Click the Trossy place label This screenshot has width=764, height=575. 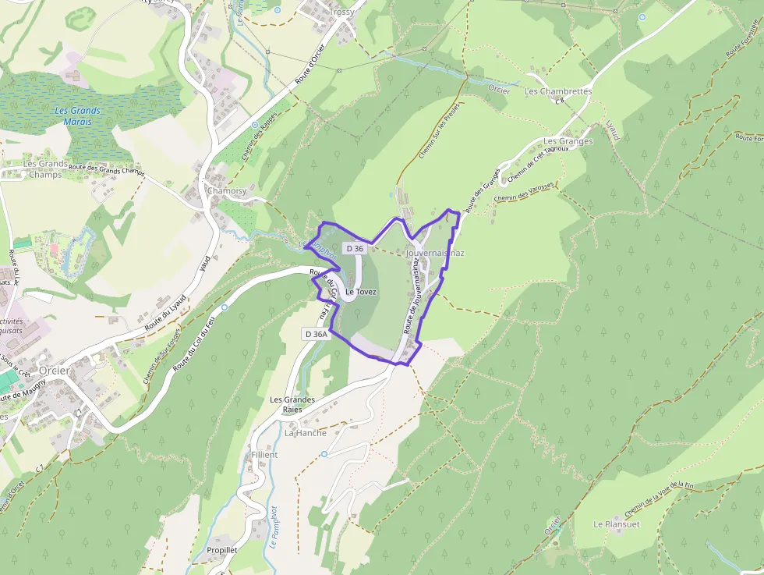pyautogui.click(x=341, y=12)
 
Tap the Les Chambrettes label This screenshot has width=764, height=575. pyautogui.click(x=558, y=91)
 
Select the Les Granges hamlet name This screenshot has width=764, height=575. pyautogui.click(x=568, y=141)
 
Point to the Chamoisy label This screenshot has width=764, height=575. pyautogui.click(x=226, y=190)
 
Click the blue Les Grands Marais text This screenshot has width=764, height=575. pyautogui.click(x=78, y=116)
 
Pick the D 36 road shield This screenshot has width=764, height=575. pyautogui.click(x=354, y=248)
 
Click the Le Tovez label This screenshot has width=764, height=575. pyautogui.click(x=361, y=292)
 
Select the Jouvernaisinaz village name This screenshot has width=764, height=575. pyautogui.click(x=435, y=254)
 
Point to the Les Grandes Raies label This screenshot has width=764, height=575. pyautogui.click(x=292, y=404)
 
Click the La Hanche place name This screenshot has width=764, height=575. pyautogui.click(x=306, y=433)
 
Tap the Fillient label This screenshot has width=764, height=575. pyautogui.click(x=264, y=454)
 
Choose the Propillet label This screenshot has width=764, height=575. pyautogui.click(x=222, y=549)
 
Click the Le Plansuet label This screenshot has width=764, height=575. pyautogui.click(x=616, y=524)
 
